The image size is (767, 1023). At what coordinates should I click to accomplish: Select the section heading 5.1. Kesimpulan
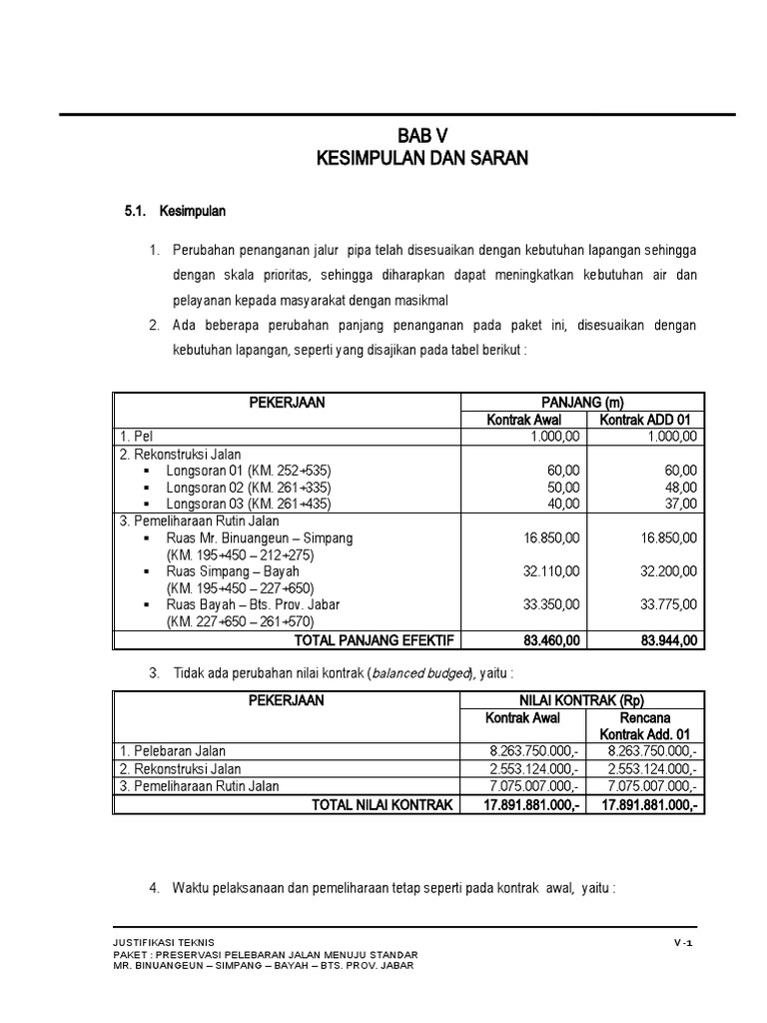pos(175,212)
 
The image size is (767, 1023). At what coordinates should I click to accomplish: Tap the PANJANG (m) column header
pos(581,402)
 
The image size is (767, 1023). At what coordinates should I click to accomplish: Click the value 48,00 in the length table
pos(678,487)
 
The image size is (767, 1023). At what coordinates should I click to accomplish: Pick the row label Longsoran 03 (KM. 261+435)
pos(248,504)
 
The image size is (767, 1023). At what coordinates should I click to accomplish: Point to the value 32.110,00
pos(551,571)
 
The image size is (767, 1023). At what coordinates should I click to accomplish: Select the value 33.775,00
pos(670,605)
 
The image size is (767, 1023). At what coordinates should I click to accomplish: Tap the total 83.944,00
pos(668,640)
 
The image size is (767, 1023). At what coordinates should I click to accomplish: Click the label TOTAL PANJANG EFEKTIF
pos(370,640)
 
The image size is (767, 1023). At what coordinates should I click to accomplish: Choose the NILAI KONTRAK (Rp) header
pos(581,701)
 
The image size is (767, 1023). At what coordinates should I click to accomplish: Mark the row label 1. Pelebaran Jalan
pos(173,751)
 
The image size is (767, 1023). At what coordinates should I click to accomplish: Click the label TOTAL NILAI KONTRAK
pos(383,804)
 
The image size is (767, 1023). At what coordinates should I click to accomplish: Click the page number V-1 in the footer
pos(683,942)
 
